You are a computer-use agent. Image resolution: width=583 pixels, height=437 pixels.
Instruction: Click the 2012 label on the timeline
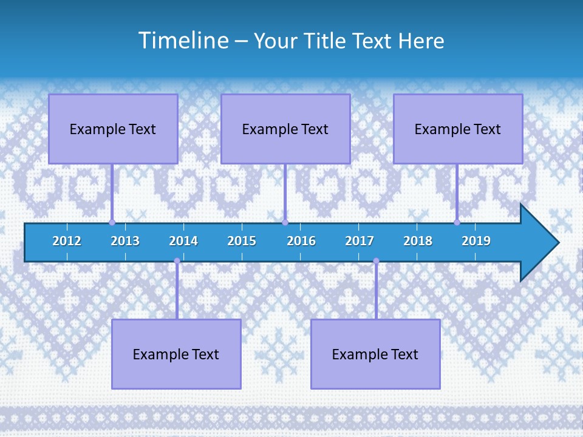[67, 241]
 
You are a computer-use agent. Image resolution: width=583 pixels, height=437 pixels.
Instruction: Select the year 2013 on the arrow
[125, 241]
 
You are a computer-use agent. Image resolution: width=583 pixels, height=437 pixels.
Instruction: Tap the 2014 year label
[183, 241]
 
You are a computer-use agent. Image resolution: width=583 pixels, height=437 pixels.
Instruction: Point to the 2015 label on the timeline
[242, 241]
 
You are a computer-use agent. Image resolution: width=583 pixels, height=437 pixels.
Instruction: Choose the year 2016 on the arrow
[301, 241]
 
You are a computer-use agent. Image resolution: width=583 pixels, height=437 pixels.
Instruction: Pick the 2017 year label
[360, 241]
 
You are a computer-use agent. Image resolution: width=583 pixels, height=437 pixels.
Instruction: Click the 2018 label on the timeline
[418, 241]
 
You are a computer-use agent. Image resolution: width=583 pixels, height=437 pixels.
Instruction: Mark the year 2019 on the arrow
[476, 241]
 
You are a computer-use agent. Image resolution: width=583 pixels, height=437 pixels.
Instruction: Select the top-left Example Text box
[113, 129]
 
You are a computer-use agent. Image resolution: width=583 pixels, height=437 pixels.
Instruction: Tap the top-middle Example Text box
[285, 129]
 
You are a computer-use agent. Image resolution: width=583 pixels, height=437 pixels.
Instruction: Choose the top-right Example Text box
[458, 129]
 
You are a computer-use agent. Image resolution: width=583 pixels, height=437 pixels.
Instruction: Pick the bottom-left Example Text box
[176, 354]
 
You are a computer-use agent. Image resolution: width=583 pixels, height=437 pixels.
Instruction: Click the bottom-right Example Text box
[375, 354]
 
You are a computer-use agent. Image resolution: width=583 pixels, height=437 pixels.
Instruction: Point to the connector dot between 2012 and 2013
[112, 223]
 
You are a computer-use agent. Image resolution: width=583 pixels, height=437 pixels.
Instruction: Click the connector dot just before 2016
[285, 223]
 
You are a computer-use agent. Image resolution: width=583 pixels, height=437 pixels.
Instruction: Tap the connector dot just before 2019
[457, 223]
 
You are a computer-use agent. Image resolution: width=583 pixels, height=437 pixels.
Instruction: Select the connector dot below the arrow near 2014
[177, 261]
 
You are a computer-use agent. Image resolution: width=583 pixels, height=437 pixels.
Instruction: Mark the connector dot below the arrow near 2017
[376, 261]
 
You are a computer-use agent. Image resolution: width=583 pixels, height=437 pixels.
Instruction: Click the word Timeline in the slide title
[182, 41]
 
